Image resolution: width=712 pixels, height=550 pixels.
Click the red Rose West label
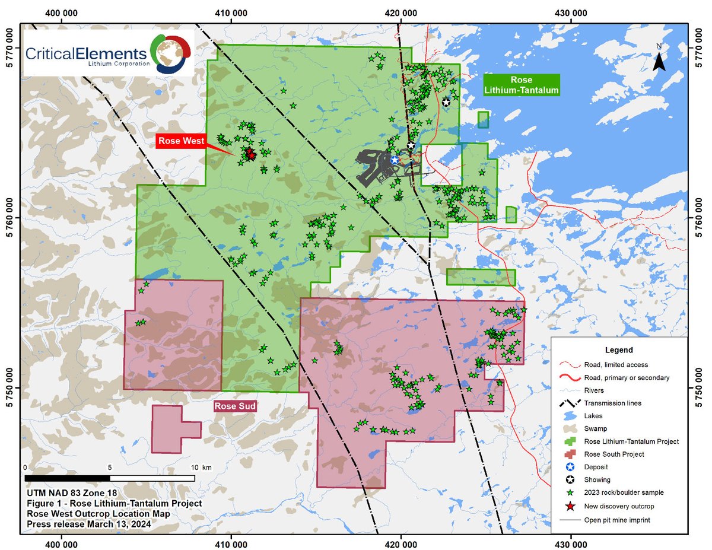pos(180,141)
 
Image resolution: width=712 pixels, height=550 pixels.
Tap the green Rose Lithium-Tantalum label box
pos(522,85)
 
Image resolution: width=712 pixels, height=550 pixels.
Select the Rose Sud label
pos(230,406)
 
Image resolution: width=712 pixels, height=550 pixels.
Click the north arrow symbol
pos(659,60)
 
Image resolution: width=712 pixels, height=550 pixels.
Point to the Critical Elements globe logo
pos(170,53)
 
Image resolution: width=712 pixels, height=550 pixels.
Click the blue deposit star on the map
pos(395,160)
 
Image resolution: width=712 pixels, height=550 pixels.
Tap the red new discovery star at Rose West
pos(250,154)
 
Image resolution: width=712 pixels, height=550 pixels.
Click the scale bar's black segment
pos(67,478)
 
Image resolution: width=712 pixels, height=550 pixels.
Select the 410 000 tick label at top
pos(231,13)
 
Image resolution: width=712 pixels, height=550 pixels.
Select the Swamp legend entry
pos(594,428)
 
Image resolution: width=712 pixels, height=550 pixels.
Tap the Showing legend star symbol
pos(570,480)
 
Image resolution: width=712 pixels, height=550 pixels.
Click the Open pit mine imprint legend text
pos(617,520)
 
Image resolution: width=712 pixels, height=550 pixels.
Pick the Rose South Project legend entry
pos(614,454)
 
